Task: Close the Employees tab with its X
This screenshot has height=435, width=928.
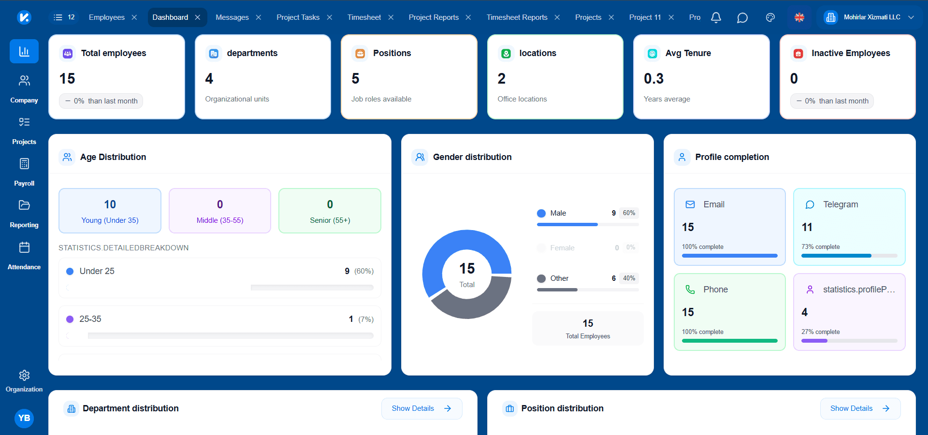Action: tap(134, 17)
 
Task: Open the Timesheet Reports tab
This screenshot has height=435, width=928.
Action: tap(517, 17)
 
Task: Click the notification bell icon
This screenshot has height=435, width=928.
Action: tap(716, 17)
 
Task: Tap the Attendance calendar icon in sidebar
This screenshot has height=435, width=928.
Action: tap(24, 247)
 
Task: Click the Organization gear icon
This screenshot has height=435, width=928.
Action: tap(24, 375)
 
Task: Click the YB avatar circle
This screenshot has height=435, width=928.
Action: tap(24, 418)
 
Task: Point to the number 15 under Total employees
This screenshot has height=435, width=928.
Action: tap(67, 78)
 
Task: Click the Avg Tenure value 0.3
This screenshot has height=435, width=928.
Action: tap(653, 78)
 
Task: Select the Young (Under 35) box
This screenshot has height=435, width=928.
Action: tap(110, 211)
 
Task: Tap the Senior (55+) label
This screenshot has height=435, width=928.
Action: tap(330, 220)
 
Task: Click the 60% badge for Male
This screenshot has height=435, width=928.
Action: tap(629, 213)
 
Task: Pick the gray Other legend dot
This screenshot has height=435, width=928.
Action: tap(541, 278)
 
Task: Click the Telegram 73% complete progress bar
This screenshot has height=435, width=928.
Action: tap(849, 256)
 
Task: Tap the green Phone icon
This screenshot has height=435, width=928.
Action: tap(690, 290)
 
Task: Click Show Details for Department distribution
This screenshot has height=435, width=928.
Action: tap(421, 408)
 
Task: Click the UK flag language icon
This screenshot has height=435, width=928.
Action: tap(799, 17)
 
